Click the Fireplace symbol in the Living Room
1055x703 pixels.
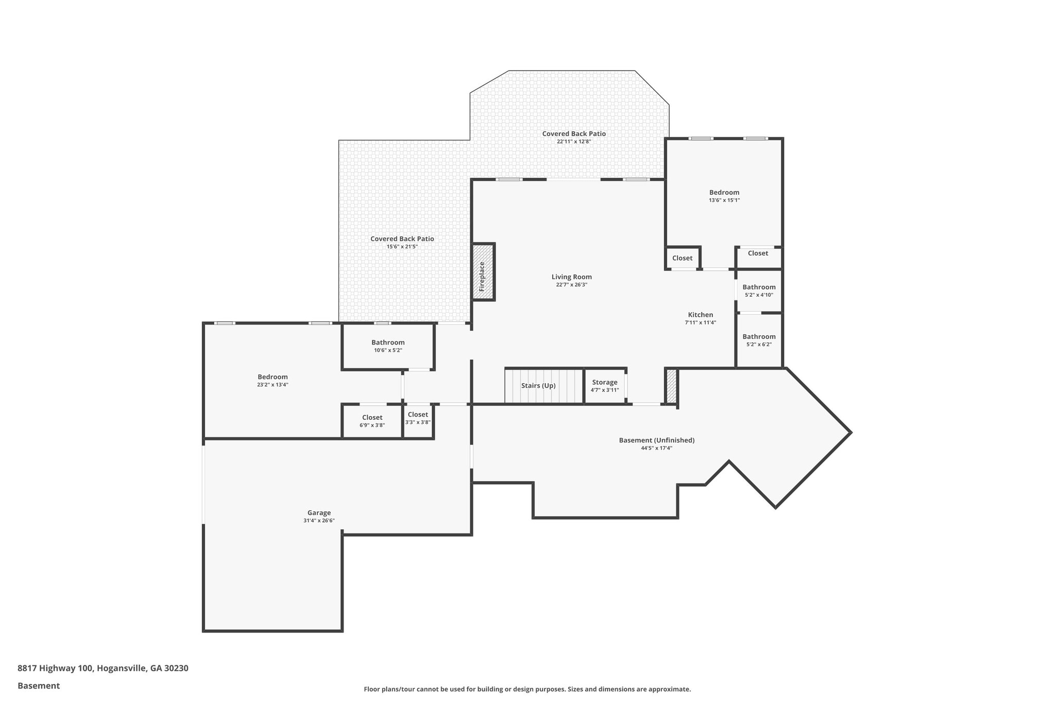(483, 272)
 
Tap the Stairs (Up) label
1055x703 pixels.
(538, 386)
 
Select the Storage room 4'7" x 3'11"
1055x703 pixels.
(605, 386)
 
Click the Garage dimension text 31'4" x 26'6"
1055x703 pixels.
(319, 521)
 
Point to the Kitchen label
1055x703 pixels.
(701, 315)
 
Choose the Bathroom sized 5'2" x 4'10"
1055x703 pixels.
(759, 290)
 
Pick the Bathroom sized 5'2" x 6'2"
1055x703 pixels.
(759, 340)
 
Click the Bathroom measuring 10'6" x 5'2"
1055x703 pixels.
(388, 346)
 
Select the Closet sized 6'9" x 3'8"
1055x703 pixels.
(372, 421)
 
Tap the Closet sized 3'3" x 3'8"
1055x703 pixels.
(418, 418)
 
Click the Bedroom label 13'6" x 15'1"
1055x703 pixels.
(724, 196)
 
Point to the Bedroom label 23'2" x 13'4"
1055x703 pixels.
(273, 380)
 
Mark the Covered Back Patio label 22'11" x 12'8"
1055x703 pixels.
(574, 137)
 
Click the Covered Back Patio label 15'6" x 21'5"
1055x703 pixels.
(402, 242)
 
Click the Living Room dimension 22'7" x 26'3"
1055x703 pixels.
(572, 285)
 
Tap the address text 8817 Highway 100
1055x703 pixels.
(103, 668)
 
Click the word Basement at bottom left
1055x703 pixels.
(39, 686)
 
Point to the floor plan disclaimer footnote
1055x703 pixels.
(527, 689)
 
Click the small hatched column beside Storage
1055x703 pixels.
(671, 386)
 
